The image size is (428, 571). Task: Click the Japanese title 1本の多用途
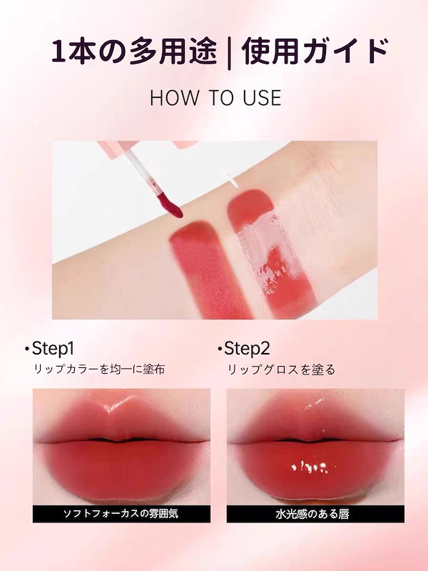134,51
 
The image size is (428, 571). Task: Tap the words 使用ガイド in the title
315,51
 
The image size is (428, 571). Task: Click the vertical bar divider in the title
229,52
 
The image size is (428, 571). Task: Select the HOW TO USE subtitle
215,98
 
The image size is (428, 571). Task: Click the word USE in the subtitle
263,98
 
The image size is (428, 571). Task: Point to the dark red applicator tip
170,204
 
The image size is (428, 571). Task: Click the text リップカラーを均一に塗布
99,369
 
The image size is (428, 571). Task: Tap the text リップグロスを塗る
281,369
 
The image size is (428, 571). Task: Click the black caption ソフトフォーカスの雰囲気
121,514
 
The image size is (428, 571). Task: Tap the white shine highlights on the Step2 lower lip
310,467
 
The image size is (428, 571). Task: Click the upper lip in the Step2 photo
315,421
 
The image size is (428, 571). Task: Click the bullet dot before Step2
219,349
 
